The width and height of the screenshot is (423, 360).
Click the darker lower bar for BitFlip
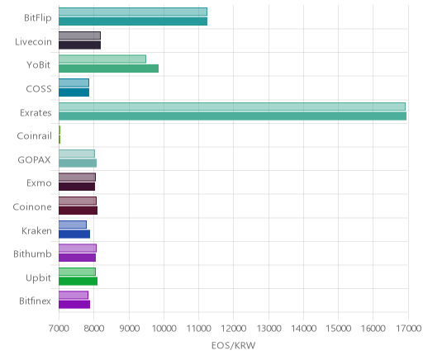coord(133,21)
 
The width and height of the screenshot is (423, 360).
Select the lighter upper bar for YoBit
coord(102,59)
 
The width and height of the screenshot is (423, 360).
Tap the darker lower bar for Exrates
coord(232,116)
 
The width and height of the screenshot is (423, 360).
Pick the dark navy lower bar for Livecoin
coord(79,45)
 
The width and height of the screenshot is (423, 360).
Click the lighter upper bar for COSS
coord(74,83)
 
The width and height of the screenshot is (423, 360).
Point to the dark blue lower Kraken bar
coord(74,234)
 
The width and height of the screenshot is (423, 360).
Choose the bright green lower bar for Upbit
coord(78,282)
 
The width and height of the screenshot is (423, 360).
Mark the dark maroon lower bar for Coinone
coord(78,211)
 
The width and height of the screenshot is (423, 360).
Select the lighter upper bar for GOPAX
coord(77,154)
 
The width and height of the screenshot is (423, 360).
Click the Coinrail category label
coord(34,136)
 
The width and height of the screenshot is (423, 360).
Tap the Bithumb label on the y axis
coord(32,253)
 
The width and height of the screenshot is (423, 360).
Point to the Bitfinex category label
coord(35,301)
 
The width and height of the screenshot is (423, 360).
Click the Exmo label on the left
coord(39,183)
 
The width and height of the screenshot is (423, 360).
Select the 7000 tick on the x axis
coord(59,329)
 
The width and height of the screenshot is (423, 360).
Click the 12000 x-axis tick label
coord(234,329)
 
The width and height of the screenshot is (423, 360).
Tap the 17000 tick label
coord(408,329)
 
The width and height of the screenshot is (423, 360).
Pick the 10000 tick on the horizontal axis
coord(164,329)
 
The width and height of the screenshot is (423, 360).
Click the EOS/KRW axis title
coord(234,345)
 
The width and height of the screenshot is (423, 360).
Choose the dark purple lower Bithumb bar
coord(77,258)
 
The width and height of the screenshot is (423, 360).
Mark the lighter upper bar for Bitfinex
coord(74,295)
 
